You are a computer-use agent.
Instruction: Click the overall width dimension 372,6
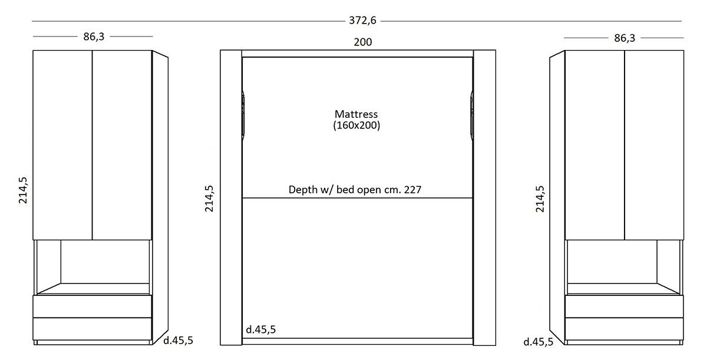tap(362, 21)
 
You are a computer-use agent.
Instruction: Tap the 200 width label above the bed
tap(363, 42)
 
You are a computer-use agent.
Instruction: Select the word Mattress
tap(356, 114)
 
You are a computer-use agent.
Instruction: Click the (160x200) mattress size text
tap(356, 125)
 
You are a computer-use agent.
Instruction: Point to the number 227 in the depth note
tap(412, 190)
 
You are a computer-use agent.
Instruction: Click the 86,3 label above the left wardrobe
tap(94, 37)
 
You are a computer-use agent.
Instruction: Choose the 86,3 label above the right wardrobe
tap(625, 38)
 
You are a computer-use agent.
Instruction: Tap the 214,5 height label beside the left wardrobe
tap(23, 190)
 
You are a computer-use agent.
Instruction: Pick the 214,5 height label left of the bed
tap(209, 199)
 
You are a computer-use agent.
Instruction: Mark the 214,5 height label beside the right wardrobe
tap(540, 199)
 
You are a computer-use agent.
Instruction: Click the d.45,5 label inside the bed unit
tap(260, 329)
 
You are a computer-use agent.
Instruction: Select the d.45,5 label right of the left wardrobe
tap(178, 341)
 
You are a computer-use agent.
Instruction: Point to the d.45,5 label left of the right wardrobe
tap(538, 342)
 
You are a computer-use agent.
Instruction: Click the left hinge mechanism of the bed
tap(243, 115)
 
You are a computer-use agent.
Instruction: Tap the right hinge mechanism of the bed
tap(471, 115)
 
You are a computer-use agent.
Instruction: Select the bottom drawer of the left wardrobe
tap(92, 329)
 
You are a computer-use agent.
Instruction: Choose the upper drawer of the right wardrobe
tap(625, 306)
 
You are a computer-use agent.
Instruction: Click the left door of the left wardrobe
tap(62, 145)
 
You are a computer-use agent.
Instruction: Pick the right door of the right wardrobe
tap(654, 145)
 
